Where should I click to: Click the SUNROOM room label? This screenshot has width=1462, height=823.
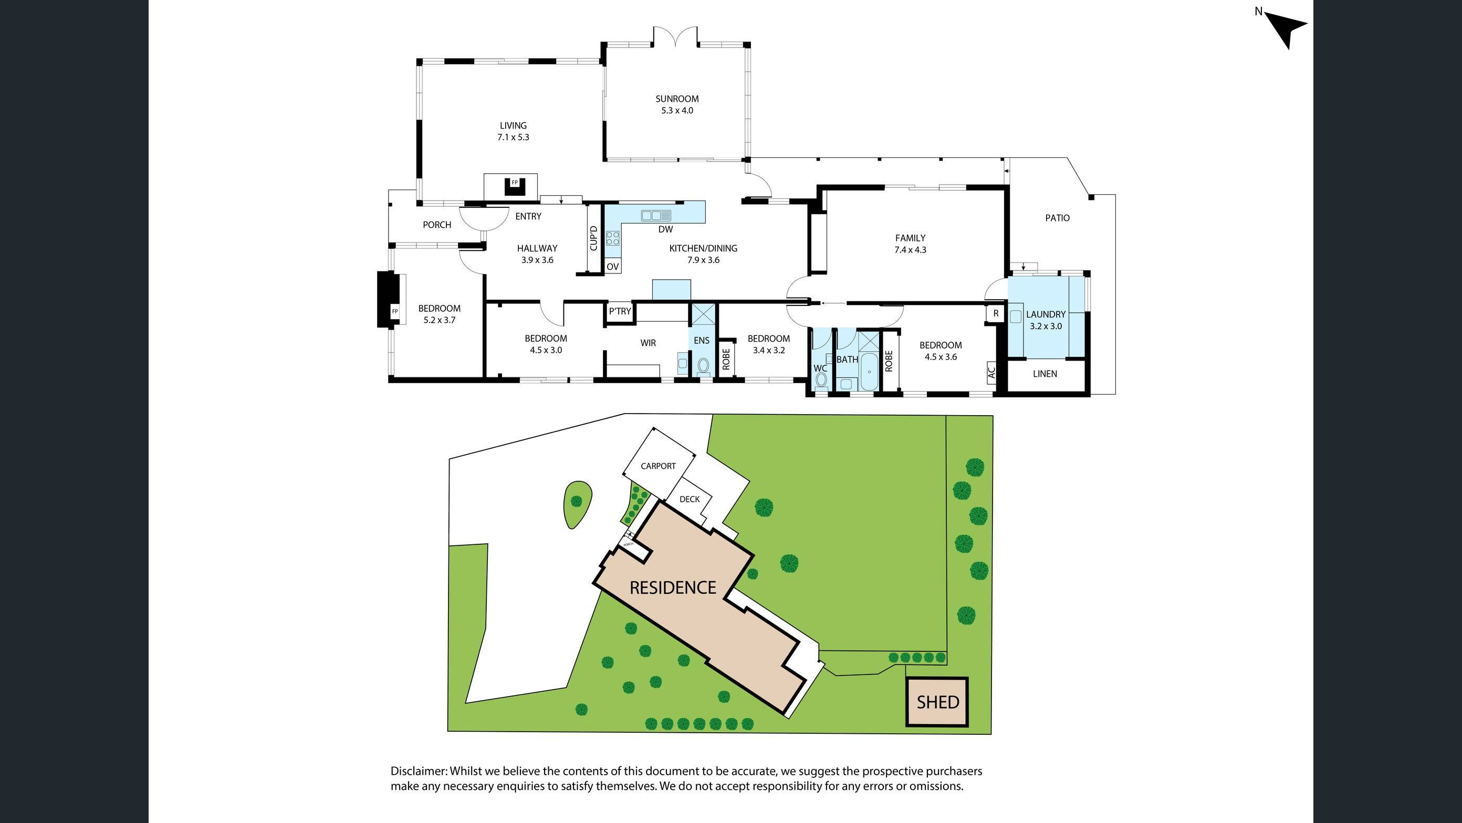pos(676,99)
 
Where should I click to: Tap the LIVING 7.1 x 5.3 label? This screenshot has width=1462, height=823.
pos(513,131)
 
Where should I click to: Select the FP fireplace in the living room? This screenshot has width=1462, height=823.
pos(515,185)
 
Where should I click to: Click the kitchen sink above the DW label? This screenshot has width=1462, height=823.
pos(656,216)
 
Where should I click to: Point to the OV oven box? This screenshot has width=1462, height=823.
pos(612,267)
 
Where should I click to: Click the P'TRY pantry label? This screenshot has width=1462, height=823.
pos(620,311)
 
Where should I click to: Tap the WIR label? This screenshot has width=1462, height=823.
pos(648,343)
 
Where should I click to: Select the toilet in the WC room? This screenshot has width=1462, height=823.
pos(821,379)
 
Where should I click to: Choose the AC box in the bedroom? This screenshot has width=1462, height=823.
pos(991,373)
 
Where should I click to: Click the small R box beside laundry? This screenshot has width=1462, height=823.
pos(996,314)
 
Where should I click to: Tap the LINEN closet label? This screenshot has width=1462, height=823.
pos(1045,374)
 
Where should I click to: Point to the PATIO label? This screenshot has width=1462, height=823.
pos(1057,218)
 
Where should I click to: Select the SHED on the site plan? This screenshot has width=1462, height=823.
pos(937,702)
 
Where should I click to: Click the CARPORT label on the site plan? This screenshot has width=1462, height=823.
pos(658,466)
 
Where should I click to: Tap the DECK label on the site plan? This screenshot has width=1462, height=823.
pos(689,499)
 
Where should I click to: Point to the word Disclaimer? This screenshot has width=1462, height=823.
pos(419,772)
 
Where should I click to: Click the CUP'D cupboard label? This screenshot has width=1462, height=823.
pos(593,238)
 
